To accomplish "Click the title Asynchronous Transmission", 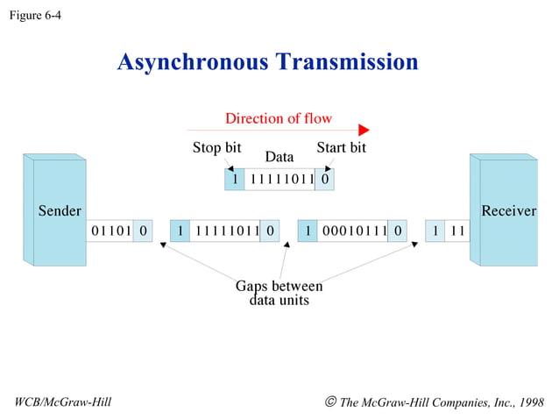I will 267,62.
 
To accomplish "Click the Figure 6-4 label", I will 35,15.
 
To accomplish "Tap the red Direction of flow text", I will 279,118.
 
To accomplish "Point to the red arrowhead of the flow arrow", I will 364,131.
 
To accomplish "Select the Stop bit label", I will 216,147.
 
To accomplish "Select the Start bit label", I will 341,147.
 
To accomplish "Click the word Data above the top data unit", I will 279,157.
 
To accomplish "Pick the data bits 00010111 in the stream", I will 354,231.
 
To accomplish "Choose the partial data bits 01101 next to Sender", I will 109,231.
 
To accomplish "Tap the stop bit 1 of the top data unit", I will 234,180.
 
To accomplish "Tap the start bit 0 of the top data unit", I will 324,180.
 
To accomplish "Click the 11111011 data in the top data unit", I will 279,180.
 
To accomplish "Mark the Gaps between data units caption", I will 279,293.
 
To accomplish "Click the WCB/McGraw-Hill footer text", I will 63,402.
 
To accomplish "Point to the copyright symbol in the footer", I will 330,402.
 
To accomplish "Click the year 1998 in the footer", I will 531,402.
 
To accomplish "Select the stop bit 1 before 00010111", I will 308,231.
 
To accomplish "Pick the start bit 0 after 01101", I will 143,231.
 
